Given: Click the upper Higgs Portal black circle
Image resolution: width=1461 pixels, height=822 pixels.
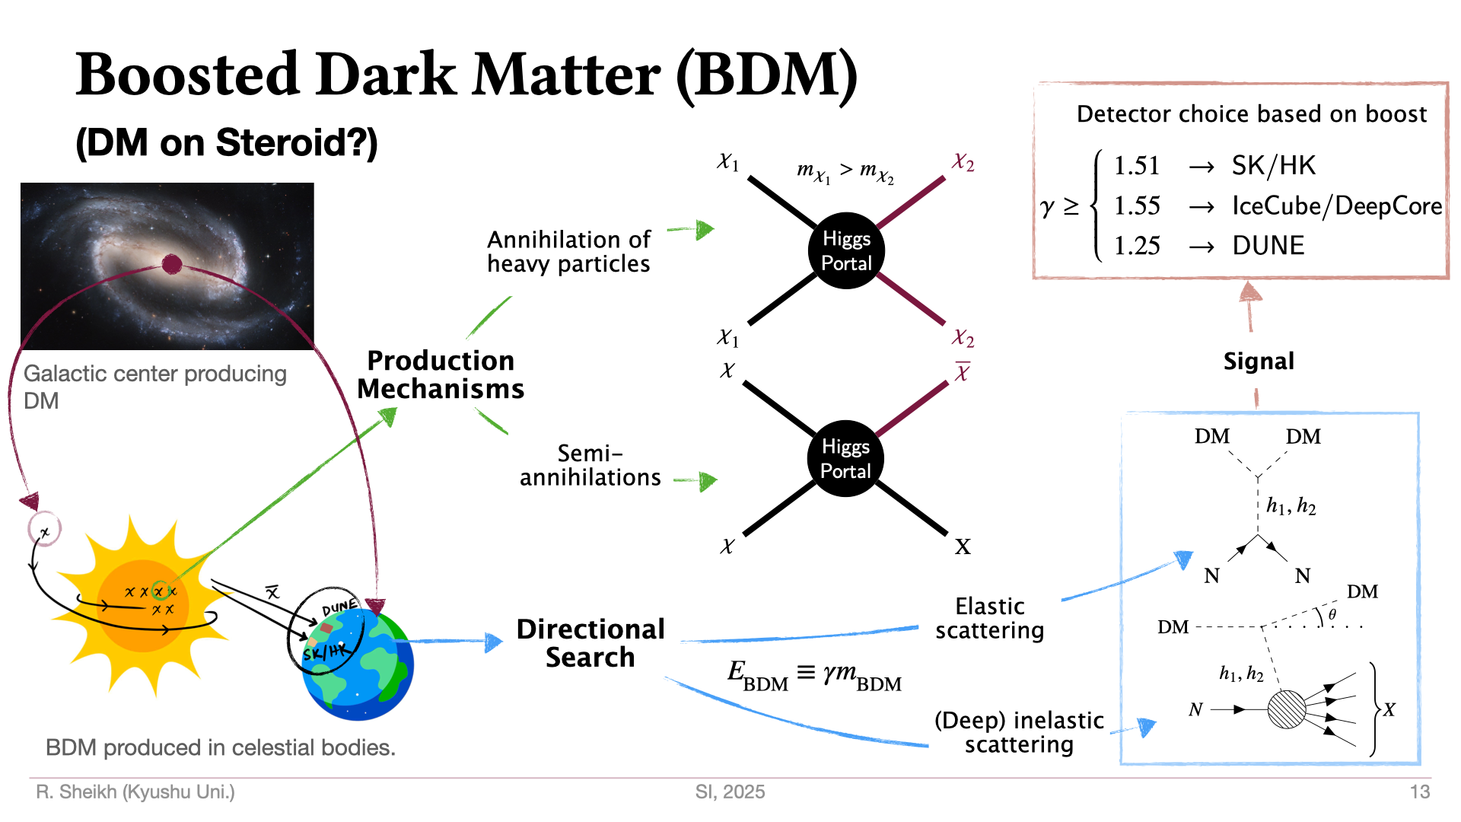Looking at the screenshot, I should (x=846, y=250).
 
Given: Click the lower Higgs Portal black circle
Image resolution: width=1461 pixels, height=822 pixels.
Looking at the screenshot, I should (x=845, y=458).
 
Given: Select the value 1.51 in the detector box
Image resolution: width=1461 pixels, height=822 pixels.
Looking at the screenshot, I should (x=1137, y=165).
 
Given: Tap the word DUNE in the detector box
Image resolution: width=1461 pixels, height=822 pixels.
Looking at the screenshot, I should (x=1268, y=245).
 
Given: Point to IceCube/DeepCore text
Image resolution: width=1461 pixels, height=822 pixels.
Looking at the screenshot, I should (x=1337, y=205).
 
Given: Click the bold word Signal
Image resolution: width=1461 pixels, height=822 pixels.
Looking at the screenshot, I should (x=1259, y=361).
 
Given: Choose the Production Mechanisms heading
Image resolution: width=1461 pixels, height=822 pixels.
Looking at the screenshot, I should (x=441, y=374).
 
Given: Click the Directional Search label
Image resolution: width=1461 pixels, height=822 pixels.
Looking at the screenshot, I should (x=590, y=643).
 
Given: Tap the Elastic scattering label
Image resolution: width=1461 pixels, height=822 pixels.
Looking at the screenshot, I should (x=989, y=618).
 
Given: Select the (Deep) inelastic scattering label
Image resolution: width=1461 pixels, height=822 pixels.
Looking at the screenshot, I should (x=1019, y=732).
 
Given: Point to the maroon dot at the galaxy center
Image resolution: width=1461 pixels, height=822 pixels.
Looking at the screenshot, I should (x=172, y=264).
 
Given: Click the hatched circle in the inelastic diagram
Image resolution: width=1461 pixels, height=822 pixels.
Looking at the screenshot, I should (x=1286, y=709).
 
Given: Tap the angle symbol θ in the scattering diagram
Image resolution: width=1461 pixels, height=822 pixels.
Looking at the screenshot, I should (x=1332, y=614).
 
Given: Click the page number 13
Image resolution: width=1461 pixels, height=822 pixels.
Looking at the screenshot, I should (x=1419, y=792).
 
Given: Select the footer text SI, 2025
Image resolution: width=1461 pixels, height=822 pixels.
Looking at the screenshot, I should (x=730, y=792).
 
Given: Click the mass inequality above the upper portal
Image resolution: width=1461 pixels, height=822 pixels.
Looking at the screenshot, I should (x=845, y=172).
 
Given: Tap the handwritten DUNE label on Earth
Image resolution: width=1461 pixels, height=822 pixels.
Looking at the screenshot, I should (x=339, y=607).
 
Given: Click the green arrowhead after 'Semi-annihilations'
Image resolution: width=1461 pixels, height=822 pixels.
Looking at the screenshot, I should (x=708, y=480).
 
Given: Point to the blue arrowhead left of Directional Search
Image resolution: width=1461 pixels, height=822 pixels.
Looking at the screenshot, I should (x=494, y=642).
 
